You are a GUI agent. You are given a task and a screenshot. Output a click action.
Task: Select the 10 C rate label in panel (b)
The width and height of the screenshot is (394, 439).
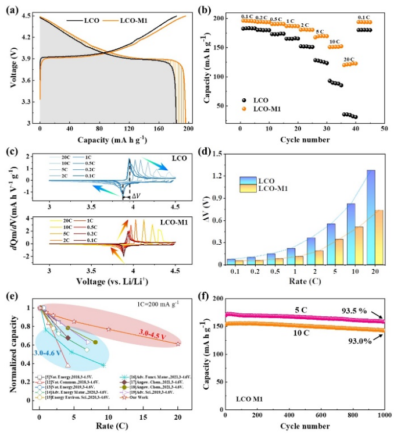[x=335, y=42]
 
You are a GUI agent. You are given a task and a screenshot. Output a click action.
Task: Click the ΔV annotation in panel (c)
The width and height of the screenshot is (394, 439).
[x=135, y=197]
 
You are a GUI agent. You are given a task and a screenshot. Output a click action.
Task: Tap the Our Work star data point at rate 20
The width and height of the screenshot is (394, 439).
[x=178, y=344]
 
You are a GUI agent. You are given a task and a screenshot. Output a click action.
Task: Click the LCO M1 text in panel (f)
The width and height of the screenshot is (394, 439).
[x=251, y=399]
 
